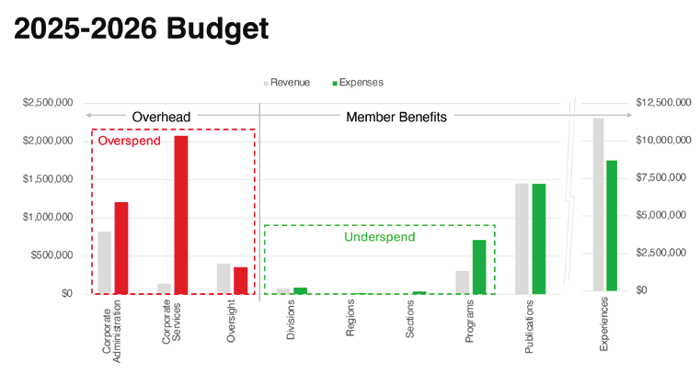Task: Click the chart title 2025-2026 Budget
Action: [142, 29]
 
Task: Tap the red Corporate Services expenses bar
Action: [180, 214]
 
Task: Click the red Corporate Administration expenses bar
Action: [120, 247]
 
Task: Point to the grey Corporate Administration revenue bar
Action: [105, 262]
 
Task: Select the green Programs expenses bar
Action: [478, 266]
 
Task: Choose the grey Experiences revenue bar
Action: [598, 205]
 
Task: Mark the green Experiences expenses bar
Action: [612, 226]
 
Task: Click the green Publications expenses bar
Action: [538, 238]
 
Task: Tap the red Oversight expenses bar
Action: [240, 280]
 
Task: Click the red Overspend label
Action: [130, 142]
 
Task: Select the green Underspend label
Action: [375, 237]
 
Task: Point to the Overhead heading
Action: [161, 117]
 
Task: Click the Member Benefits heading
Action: [396, 117]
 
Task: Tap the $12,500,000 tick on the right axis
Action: [660, 103]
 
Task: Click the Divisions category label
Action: [291, 322]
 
